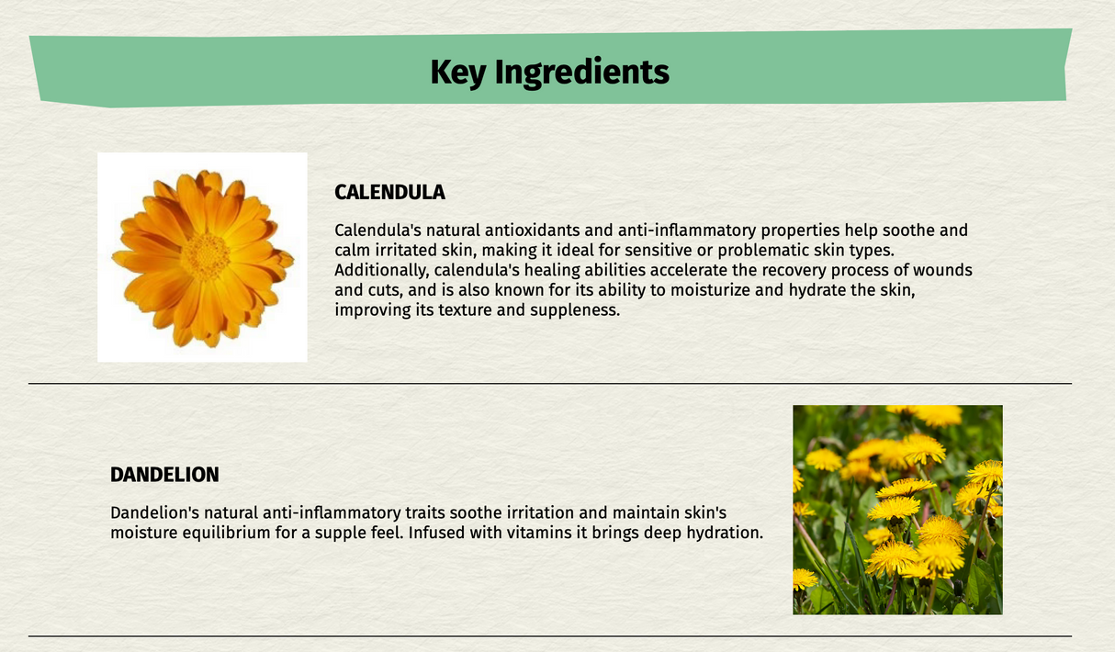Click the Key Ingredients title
(549, 72)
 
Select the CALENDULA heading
(389, 192)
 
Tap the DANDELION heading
(164, 475)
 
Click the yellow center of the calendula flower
(205, 256)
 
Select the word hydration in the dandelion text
(723, 533)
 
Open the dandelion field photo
(897, 510)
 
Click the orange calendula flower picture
(202, 257)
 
